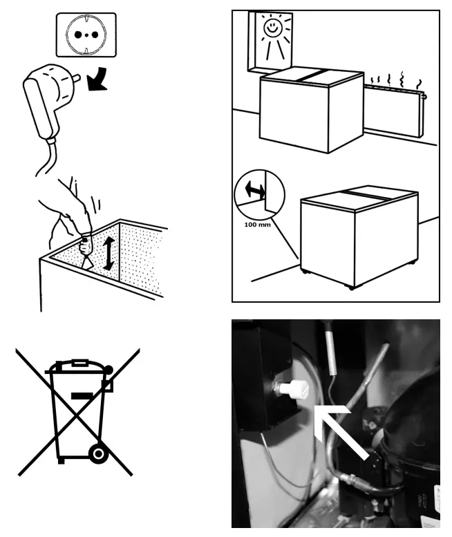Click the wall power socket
[x=86, y=35]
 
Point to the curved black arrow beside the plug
[x=97, y=79]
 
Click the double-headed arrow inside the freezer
[x=109, y=253]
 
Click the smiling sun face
[x=273, y=28]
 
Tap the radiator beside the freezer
[x=394, y=111]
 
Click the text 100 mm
[x=257, y=225]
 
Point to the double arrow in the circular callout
[x=255, y=189]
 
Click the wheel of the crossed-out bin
[x=99, y=454]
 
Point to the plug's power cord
[x=47, y=158]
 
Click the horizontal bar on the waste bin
[x=82, y=396]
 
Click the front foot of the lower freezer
[x=351, y=288]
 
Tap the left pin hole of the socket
[x=78, y=35]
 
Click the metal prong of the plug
[x=76, y=78]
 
